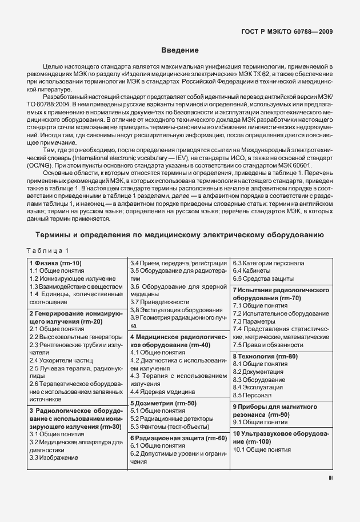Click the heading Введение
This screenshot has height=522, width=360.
click(180, 50)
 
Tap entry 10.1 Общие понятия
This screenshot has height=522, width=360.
click(262, 450)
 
